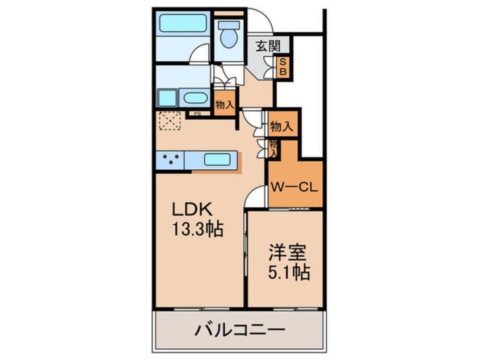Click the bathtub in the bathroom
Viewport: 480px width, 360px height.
(x=182, y=23)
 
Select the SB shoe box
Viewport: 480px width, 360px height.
(x=283, y=68)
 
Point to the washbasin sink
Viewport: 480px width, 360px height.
(x=195, y=97)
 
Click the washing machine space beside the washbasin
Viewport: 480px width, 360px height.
(x=167, y=98)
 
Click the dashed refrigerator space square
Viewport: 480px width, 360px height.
(x=169, y=121)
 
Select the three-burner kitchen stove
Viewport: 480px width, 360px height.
(x=170, y=160)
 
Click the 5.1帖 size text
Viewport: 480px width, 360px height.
(x=288, y=273)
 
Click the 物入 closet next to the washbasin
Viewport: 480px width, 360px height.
(x=225, y=104)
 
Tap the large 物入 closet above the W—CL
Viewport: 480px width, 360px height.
(x=282, y=126)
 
